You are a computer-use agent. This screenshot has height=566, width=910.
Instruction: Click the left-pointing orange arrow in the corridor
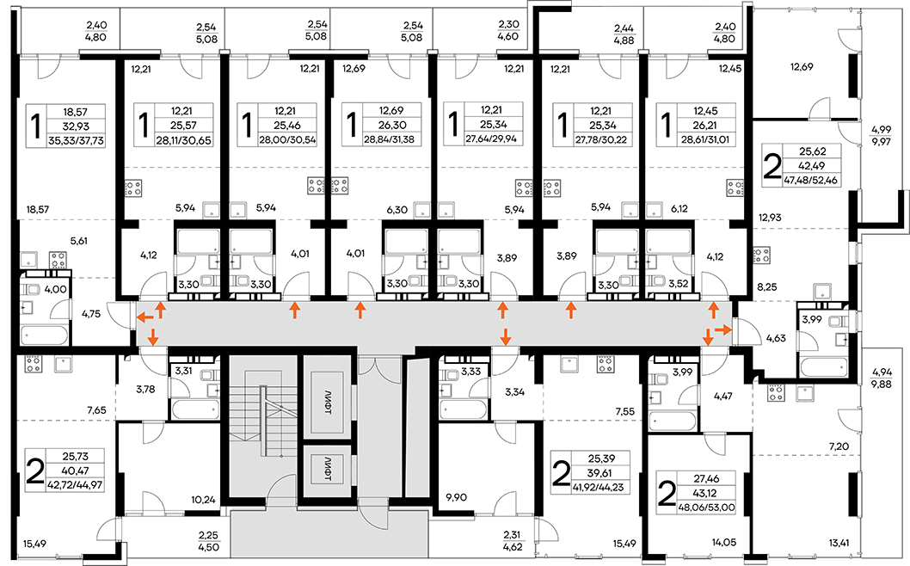pos(145,317)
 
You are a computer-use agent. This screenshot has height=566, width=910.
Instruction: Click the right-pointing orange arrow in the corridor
pos(723,329)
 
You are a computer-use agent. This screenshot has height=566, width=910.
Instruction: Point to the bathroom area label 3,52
pos(678,285)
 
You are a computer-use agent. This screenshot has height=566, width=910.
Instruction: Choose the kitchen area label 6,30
pos(397,210)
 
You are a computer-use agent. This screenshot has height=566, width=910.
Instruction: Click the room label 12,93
pos(770,218)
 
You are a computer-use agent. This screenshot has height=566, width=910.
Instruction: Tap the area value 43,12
pos(705,493)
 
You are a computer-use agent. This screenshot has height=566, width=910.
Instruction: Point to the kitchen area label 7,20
pos(839,446)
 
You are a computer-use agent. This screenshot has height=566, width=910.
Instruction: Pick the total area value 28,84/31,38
pos(391,140)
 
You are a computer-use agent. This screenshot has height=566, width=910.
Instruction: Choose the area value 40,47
pos(74,471)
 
